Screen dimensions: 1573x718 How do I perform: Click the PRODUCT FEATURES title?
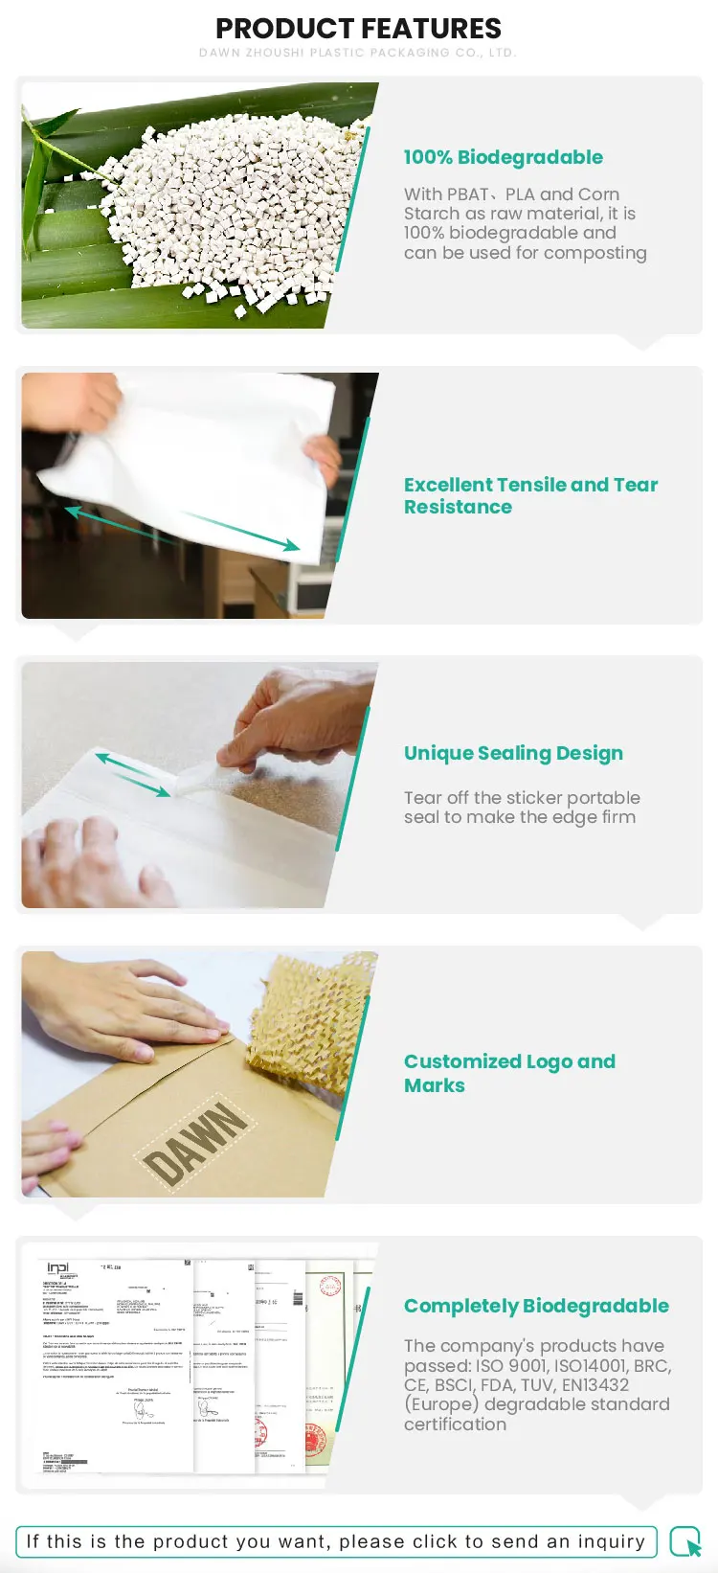[x=358, y=29]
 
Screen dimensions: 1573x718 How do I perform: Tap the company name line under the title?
[x=358, y=53]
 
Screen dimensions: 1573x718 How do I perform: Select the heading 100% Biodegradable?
[x=503, y=157]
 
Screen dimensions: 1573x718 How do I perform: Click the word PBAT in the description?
[x=467, y=194]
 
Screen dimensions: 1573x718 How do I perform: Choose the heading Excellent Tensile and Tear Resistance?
[x=530, y=495]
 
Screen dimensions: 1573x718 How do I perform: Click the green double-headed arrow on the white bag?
[x=182, y=530]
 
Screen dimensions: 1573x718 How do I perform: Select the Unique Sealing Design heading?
[x=513, y=753]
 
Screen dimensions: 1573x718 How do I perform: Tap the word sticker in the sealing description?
[x=547, y=798]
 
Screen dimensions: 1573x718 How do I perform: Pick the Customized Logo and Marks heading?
[x=509, y=1073]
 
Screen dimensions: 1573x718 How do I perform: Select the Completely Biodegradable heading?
[x=536, y=1306]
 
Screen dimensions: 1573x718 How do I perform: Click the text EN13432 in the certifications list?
[x=595, y=1385]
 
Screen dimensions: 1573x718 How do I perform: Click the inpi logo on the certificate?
[x=58, y=1268]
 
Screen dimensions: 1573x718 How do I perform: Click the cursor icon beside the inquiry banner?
[x=685, y=1542]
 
